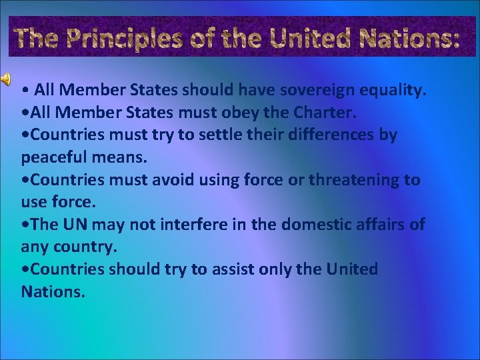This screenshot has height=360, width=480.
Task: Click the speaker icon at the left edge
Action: (x=5, y=79)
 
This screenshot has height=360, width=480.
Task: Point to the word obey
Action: (x=241, y=112)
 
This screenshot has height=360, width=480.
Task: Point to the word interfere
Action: (x=175, y=225)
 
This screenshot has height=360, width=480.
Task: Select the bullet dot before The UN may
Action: (x=25, y=225)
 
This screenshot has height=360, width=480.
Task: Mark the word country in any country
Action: (x=83, y=247)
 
